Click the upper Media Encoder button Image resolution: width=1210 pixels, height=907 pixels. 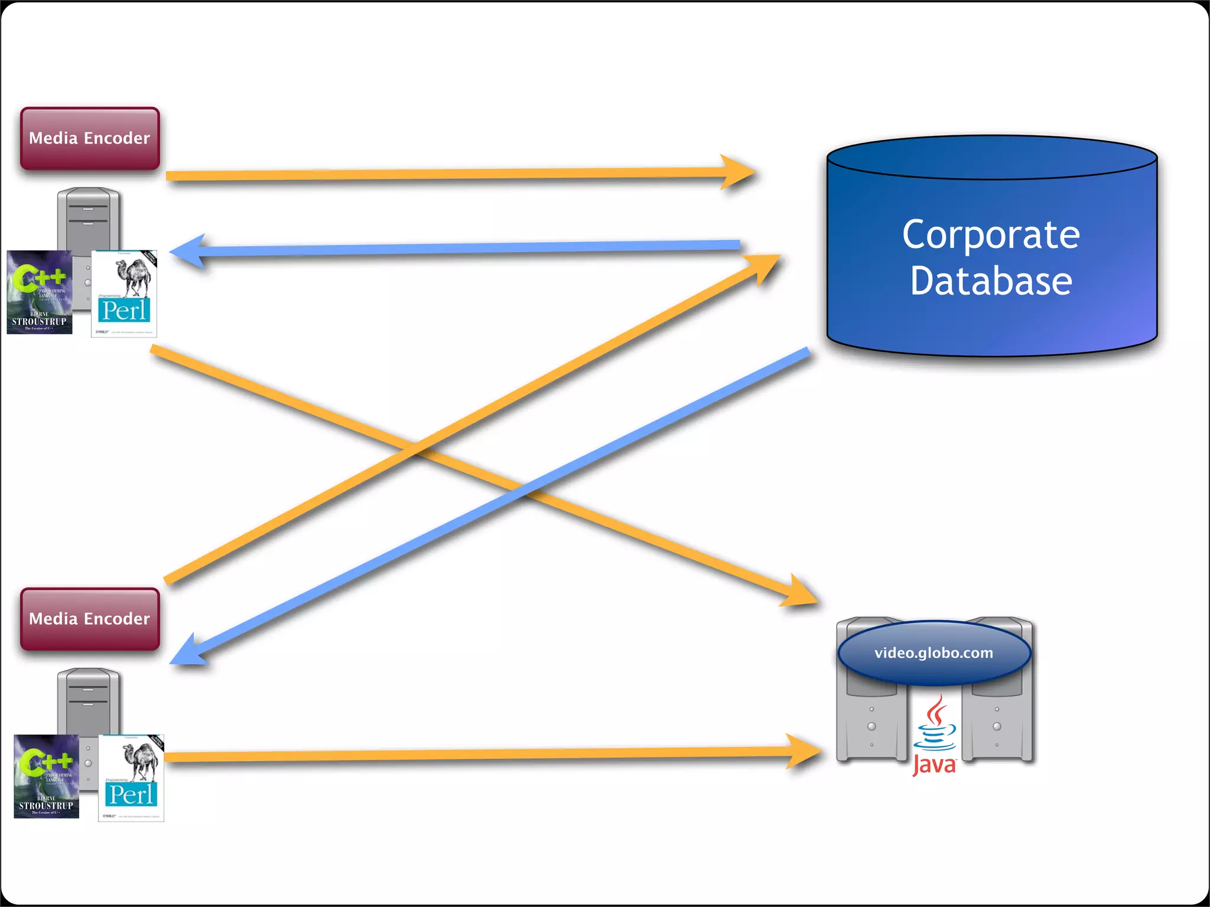90,139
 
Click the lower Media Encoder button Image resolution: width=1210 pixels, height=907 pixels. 90,619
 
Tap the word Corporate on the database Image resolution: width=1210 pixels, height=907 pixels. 991,235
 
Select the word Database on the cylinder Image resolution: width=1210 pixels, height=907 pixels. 991,281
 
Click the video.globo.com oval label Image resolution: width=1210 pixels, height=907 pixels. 933,652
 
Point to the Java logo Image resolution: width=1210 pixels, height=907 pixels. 934,735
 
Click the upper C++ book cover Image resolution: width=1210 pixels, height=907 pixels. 39,292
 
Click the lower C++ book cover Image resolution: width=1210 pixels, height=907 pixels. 46,776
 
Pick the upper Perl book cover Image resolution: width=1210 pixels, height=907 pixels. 124,293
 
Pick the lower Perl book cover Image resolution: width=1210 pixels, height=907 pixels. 131,778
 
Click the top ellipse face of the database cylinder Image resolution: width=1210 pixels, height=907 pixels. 991,158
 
